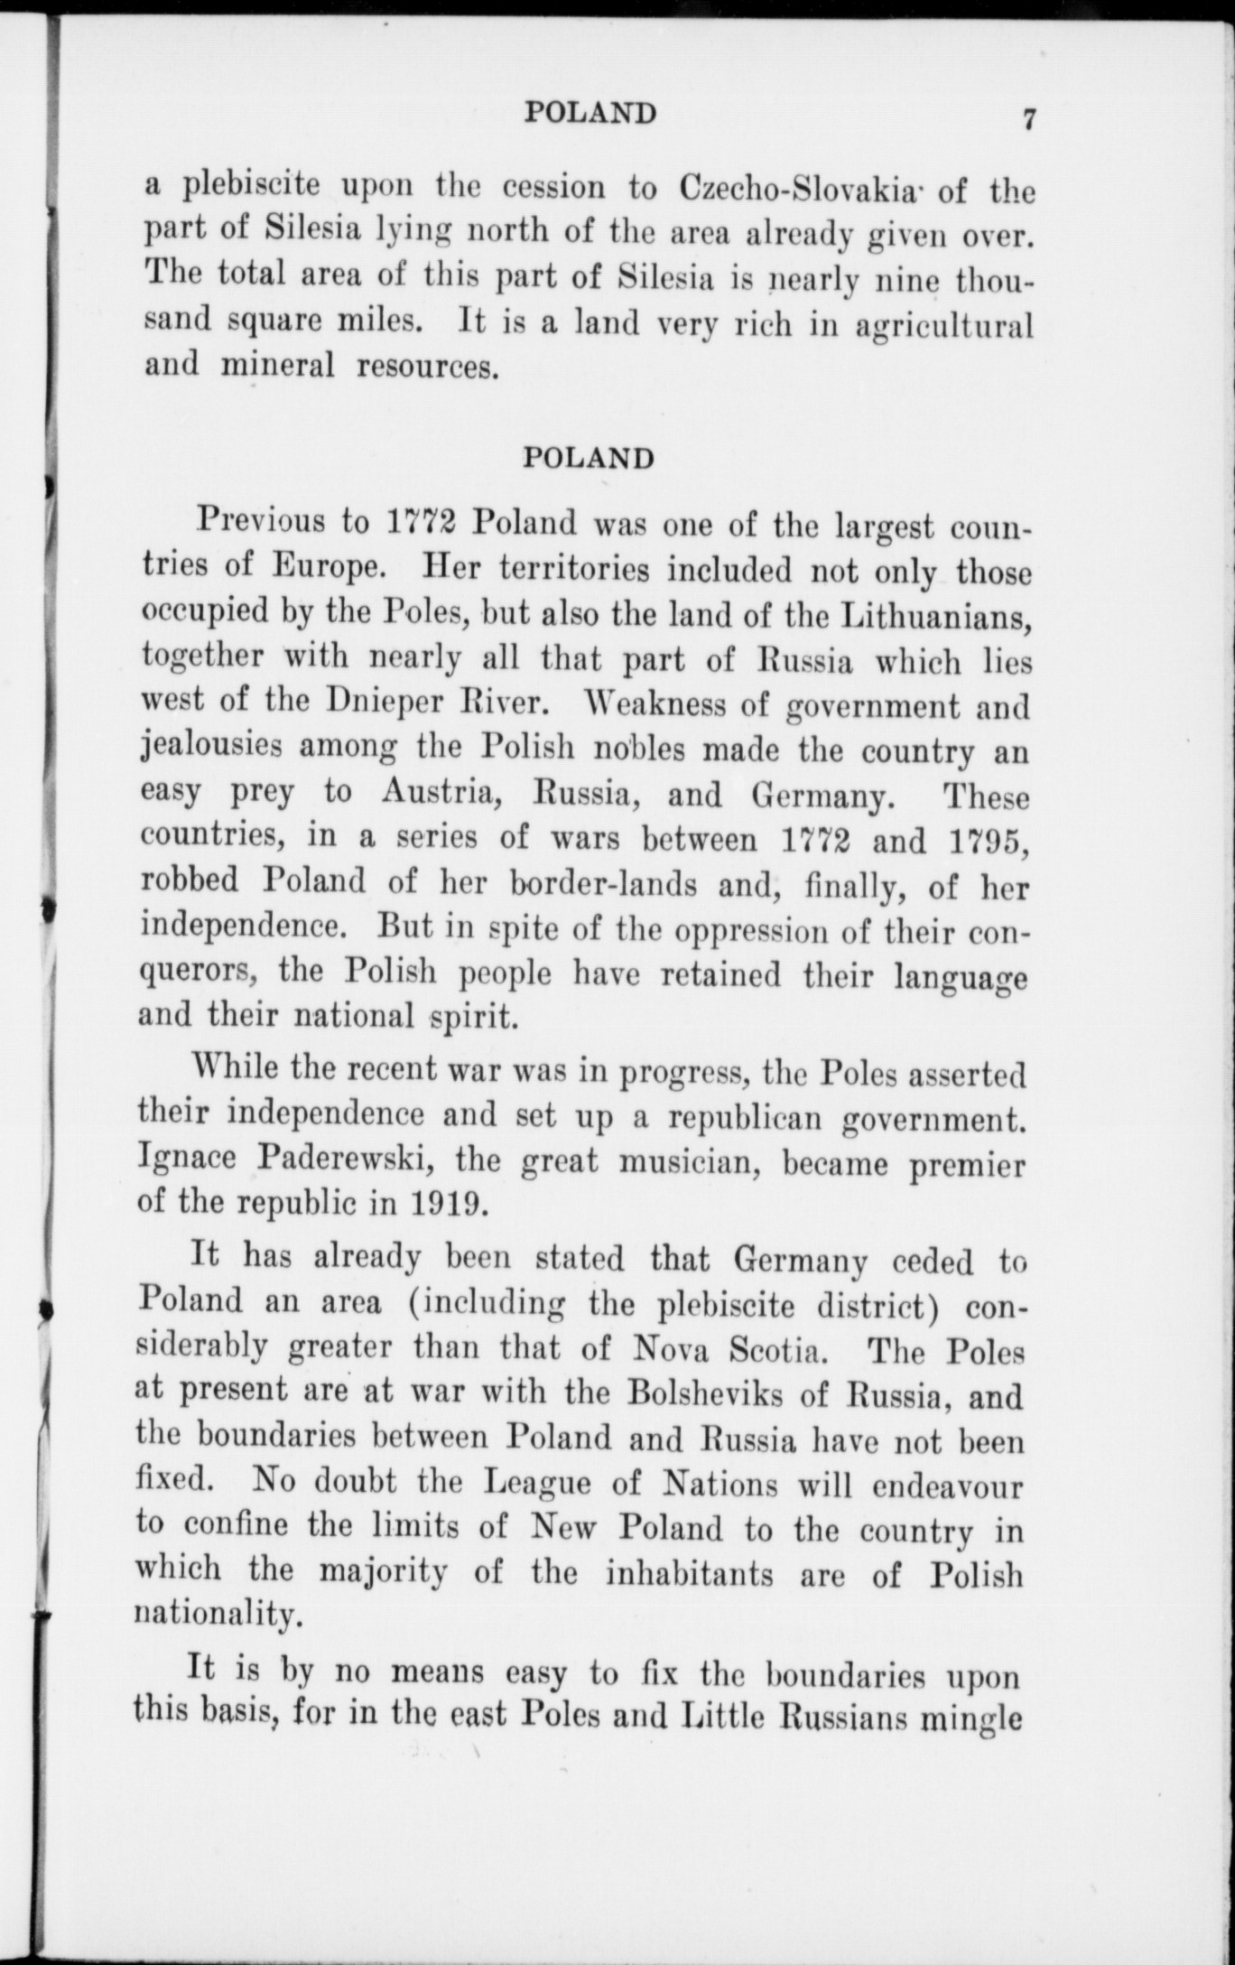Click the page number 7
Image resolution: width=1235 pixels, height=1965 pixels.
pyautogui.click(x=1027, y=119)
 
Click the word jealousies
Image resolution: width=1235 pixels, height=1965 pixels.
pyautogui.click(x=211, y=750)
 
